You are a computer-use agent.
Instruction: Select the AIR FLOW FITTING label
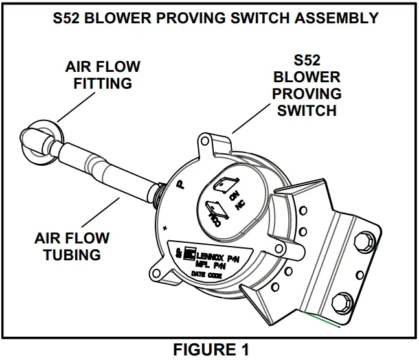(x=103, y=75)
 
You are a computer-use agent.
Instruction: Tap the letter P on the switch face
(x=180, y=185)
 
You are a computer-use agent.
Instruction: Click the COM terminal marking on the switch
(x=214, y=212)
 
